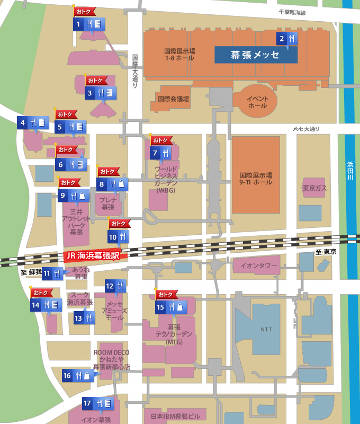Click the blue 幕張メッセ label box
256,55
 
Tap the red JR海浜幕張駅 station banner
93,255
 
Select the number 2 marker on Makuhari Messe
282,38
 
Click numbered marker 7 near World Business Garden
155,153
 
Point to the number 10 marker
113,236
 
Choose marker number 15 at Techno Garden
160,307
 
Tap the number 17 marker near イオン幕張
88,403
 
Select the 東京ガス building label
314,188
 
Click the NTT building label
266,329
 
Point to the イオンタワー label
259,266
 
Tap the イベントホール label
258,102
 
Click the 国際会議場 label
173,99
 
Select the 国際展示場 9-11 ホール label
256,179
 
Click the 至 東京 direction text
326,252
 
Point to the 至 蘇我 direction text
31,272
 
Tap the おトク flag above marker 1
85,11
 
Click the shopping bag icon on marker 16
87,376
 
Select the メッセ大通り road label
306,129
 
